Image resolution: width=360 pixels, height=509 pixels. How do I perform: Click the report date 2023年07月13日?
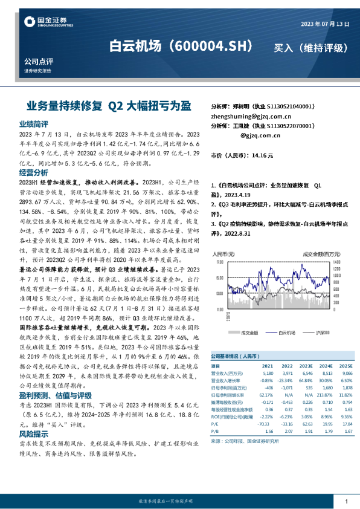pyautogui.click(x=324, y=23)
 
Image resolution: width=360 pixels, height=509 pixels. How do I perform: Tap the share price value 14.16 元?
pyautogui.click(x=263, y=155)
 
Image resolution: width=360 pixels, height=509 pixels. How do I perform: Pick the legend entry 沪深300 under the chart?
pyautogui.click(x=324, y=332)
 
